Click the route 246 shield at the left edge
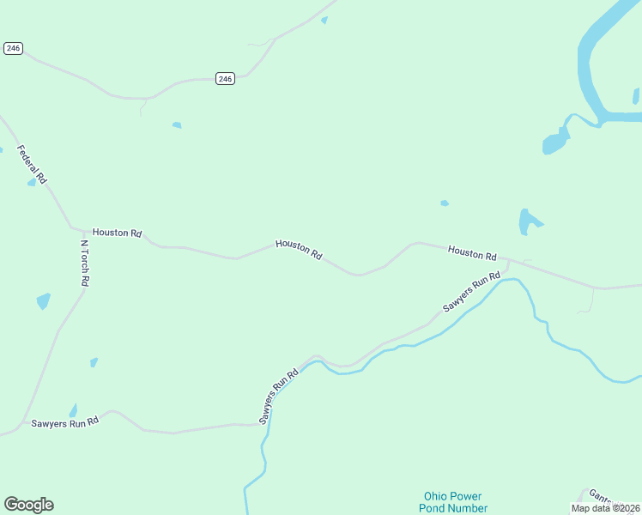point(12,48)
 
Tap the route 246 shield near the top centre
point(225,79)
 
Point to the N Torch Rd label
point(85,263)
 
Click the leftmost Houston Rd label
point(117,233)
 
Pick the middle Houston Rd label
point(299,250)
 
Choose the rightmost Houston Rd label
point(472,253)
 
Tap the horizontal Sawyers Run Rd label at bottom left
point(65,421)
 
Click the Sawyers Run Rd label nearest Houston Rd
point(471,292)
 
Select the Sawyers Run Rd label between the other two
point(278,396)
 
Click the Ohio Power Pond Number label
point(452,502)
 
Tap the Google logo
point(28,505)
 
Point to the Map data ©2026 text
point(606,507)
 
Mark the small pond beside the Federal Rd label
point(32,182)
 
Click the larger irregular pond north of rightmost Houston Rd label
point(528,221)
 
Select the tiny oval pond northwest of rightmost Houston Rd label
point(444,203)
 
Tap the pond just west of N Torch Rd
point(43,301)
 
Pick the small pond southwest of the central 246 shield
point(177,125)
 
